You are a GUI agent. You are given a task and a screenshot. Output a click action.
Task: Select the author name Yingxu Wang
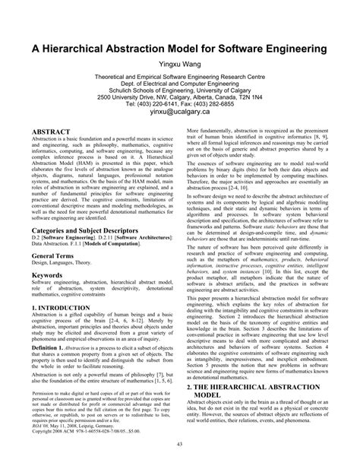179,65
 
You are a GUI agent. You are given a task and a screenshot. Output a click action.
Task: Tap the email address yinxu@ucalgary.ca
179,112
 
